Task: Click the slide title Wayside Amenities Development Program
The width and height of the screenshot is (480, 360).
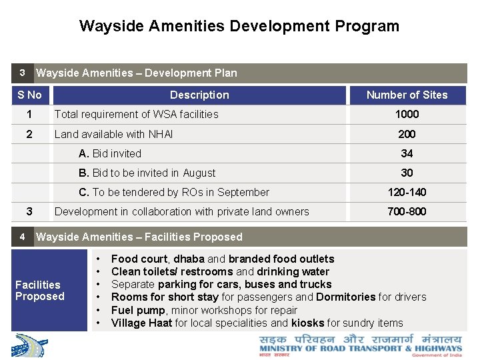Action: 239,26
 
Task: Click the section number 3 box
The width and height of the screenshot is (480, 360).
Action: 22,73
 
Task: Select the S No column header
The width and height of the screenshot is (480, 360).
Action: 29,95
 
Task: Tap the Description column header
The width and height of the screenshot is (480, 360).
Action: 199,95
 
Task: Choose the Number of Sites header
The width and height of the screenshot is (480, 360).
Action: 407,95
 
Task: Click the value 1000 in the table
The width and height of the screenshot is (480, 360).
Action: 407,114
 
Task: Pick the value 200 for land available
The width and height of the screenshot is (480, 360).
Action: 407,134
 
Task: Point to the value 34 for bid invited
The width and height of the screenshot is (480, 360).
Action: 407,153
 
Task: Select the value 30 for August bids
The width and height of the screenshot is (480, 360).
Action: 407,173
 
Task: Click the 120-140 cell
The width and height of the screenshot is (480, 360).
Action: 407,192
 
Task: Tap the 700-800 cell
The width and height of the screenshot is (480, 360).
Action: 407,211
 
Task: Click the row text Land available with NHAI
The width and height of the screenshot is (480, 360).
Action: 113,134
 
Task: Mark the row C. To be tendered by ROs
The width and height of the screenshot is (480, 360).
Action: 174,192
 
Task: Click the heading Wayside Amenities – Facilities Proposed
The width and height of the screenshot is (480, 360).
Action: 139,237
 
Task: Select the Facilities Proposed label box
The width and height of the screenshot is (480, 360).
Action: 40,291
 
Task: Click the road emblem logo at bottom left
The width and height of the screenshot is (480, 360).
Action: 30,346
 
